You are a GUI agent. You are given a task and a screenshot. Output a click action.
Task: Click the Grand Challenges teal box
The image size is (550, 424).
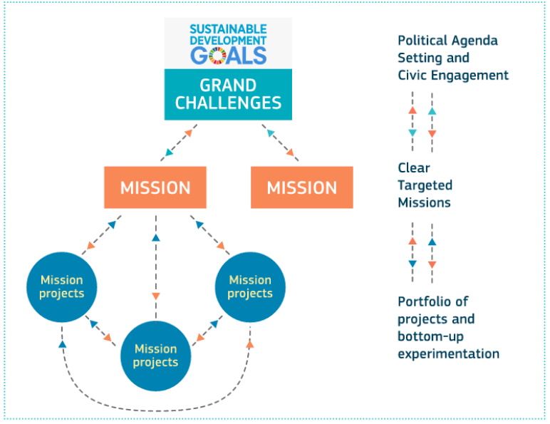click(228, 94)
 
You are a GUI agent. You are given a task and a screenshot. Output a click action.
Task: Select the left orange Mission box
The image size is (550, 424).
click(155, 187)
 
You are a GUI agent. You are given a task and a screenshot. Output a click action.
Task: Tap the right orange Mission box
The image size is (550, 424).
click(301, 187)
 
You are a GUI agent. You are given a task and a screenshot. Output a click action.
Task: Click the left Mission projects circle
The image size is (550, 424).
click(61, 286)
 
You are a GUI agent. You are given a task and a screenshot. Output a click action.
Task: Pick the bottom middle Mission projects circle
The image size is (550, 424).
click(155, 355)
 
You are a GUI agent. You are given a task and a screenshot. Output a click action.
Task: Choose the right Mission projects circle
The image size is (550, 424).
click(250, 286)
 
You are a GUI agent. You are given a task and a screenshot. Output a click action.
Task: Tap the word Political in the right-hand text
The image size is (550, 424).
click(422, 41)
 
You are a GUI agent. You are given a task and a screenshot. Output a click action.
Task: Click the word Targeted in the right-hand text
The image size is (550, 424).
click(425, 185)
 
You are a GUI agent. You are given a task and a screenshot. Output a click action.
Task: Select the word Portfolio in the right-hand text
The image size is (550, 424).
click(422, 301)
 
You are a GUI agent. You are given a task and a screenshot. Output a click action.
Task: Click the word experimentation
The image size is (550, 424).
click(448, 353)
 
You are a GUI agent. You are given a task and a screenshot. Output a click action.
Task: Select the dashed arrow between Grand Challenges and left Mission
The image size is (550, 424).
click(177, 143)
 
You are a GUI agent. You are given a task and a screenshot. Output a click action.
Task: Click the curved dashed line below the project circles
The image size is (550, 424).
click(157, 409)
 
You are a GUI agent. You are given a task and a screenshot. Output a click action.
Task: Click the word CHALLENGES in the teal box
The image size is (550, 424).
click(228, 103)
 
